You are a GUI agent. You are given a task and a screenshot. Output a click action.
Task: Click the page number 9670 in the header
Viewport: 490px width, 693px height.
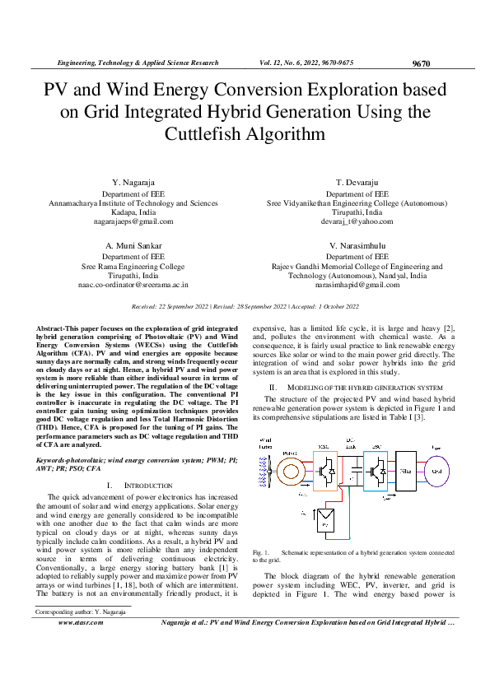(x=421, y=63)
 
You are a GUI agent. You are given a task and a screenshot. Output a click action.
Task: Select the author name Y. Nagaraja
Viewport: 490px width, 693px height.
(x=133, y=180)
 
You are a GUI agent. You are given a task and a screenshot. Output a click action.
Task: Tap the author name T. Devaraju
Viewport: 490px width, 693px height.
(x=357, y=180)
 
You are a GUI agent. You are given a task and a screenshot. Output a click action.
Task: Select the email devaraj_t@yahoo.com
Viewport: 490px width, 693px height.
(x=357, y=221)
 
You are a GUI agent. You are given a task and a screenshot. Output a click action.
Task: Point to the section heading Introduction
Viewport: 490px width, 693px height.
(x=150, y=486)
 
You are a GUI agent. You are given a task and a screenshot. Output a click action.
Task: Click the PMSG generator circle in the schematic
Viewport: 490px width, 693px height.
(x=290, y=473)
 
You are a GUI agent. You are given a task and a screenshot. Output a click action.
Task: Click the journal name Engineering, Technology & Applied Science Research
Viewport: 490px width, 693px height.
(x=137, y=63)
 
